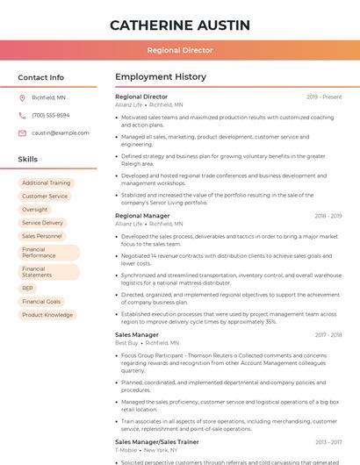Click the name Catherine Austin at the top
pos(180,25)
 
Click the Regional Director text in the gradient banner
pos(180,51)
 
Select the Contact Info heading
pos(41,77)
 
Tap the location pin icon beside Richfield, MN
pos(22,98)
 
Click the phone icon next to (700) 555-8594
pos(22,115)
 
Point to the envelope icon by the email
pos(22,132)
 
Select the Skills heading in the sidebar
pos(28,160)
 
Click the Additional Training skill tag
pos(47,183)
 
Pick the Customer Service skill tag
pos(45,197)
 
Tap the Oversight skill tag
pos(35,210)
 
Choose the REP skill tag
pos(28,288)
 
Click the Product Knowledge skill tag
pos(47,314)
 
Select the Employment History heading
pos(161,77)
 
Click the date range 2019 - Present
pos(324,97)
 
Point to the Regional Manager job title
pos(142,216)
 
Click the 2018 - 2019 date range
pos(328,216)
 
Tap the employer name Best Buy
pos(126,343)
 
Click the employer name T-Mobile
pos(126,450)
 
